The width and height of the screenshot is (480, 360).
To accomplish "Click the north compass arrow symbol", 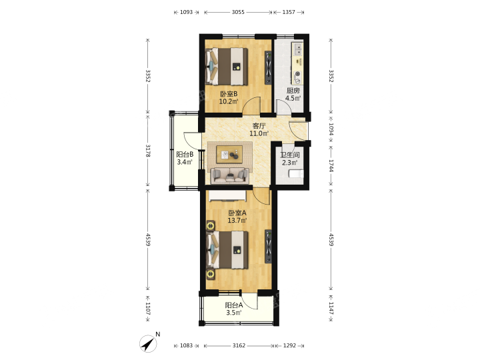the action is pos(148,343).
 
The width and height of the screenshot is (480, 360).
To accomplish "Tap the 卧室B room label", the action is pos(229,94).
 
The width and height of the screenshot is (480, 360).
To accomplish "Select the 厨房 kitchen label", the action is pos(293,91).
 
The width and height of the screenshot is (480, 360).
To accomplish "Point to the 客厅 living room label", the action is pos(259,126).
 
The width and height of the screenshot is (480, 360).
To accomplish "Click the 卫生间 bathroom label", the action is pos(290,155).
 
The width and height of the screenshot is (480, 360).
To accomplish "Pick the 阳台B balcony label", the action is pos(185,154).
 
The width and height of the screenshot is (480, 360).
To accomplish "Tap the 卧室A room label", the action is pos(237,213).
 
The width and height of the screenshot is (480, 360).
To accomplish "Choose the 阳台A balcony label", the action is pos(234,305).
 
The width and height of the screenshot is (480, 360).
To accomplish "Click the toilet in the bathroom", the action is pos(296,174).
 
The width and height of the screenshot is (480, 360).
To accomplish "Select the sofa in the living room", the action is pos(229,176).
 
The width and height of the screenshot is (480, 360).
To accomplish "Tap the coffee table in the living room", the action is pos(229,155).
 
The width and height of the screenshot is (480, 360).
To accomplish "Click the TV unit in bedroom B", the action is pos(268,67).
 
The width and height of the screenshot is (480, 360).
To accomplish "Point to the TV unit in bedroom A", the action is pos(268,247).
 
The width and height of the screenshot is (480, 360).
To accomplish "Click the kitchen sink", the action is pos(297,49).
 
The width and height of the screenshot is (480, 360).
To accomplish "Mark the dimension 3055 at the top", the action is pos(238,12).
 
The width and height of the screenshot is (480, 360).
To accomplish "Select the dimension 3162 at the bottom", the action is pos(239,345).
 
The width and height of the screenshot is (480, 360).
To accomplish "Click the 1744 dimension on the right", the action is pos(331,165).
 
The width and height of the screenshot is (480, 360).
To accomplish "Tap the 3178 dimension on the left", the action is pos(148,151).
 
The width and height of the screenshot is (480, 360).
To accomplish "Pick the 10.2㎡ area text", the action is pos(229,101).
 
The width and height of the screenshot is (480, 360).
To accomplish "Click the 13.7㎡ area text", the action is pos(237,220).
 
